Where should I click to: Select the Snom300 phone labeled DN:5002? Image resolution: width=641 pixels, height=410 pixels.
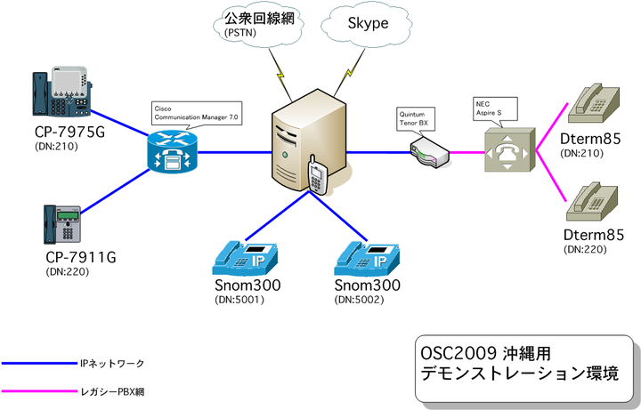[367, 257]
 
